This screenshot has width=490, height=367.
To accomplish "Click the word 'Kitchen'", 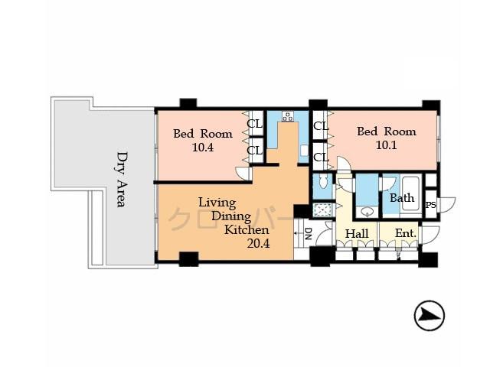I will click(x=247, y=229).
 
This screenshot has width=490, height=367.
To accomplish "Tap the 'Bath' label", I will click(x=401, y=198).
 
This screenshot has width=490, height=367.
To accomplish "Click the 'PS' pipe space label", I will click(x=430, y=205).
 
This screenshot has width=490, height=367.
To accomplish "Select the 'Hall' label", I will click(x=358, y=233).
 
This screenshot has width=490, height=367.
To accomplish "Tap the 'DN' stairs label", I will click(x=308, y=232).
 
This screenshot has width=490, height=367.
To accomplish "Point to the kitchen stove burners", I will click(x=289, y=117).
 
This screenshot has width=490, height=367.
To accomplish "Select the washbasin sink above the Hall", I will click(x=367, y=211).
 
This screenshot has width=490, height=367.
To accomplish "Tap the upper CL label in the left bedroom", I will click(x=254, y=124).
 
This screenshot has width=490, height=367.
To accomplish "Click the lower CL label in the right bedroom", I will click(x=321, y=158).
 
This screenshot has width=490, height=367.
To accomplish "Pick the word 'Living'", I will click(x=217, y=203).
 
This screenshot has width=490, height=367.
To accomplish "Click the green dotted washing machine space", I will click(x=323, y=210).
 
